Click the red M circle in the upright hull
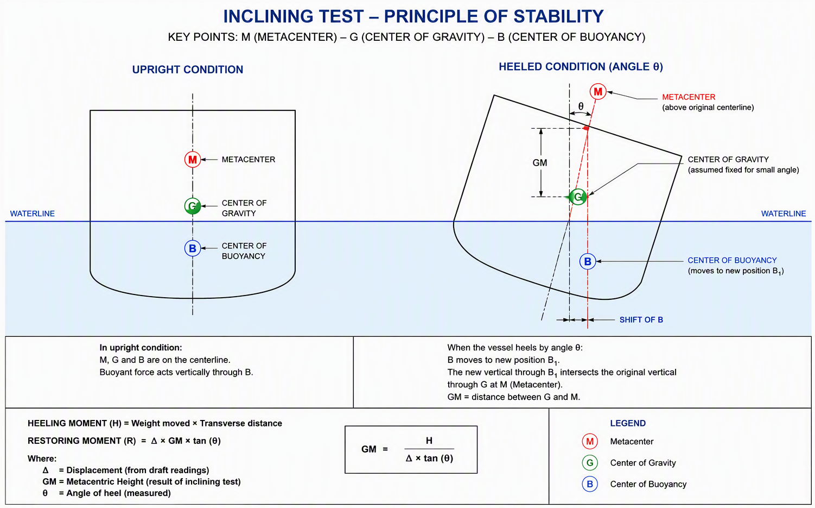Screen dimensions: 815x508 tap(193, 160)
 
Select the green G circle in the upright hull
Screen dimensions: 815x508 tap(193, 206)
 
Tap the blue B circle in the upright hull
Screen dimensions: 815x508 tap(193, 248)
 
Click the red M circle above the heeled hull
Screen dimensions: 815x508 tap(598, 91)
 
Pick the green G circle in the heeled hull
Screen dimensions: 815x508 tap(578, 197)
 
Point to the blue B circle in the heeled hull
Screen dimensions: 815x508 tap(588, 261)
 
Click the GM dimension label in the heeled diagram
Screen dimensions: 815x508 tap(540, 163)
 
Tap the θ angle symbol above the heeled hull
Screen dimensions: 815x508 tap(581, 106)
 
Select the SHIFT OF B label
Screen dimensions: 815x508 tap(641, 320)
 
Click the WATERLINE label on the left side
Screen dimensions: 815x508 tap(33, 214)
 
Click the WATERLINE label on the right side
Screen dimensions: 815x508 tap(784, 214)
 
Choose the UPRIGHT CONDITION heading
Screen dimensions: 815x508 tap(187, 70)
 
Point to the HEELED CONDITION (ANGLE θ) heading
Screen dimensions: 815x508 tap(581, 67)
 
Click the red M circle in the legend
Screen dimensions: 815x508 tap(590, 442)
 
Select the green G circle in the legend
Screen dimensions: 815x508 tap(590, 463)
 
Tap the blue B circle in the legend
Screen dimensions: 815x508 tap(590, 484)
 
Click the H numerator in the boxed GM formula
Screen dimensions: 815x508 tap(429, 441)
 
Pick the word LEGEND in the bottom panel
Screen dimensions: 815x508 tap(628, 423)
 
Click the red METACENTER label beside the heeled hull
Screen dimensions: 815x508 tap(689, 97)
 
